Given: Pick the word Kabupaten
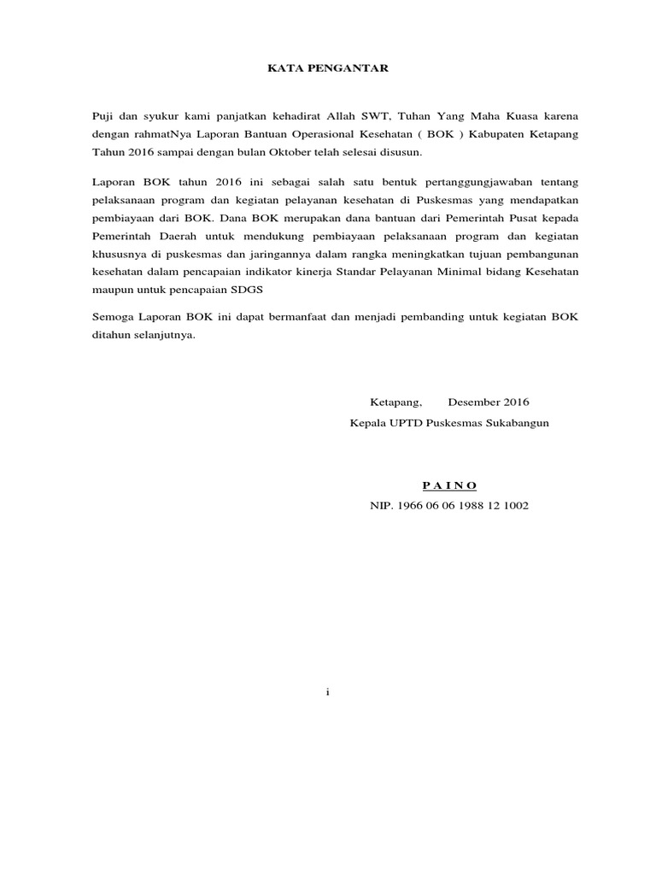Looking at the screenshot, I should pos(487,134).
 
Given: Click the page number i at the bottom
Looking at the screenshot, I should pos(327,692).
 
